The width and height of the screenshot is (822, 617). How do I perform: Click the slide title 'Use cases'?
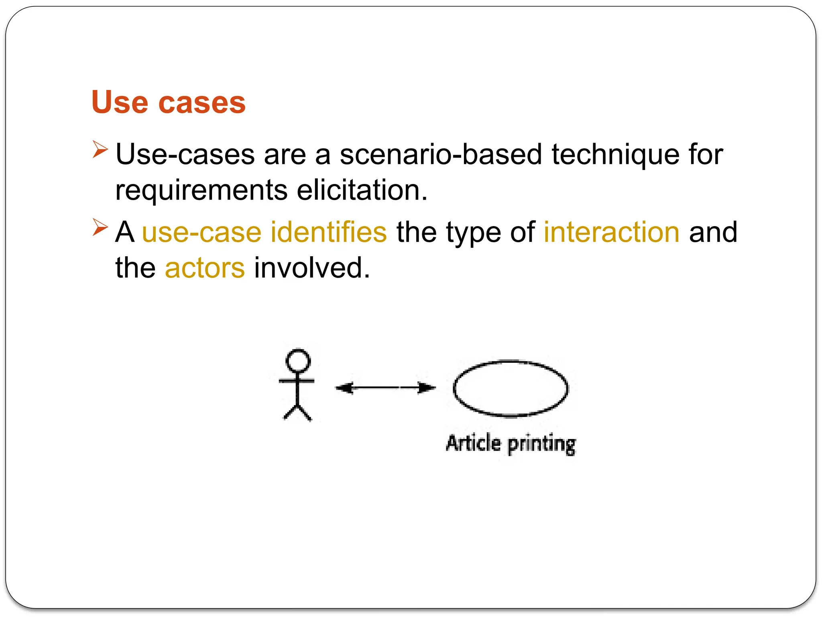[x=168, y=102]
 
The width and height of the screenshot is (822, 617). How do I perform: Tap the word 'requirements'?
[x=201, y=191]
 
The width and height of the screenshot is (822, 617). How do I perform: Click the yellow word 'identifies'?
[x=328, y=232]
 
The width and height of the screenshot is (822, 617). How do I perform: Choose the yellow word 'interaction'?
[x=611, y=232]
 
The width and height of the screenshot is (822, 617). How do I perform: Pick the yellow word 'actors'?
[x=205, y=268]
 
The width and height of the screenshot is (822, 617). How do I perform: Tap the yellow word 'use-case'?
[x=201, y=233]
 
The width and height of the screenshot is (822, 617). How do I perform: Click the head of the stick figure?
[x=298, y=360]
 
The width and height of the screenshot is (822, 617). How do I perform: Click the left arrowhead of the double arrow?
[x=344, y=388]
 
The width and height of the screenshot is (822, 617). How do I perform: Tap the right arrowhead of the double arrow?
[x=427, y=388]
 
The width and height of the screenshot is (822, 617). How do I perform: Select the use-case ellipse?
[x=511, y=389]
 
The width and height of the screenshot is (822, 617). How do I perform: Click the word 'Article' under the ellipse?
[x=474, y=443]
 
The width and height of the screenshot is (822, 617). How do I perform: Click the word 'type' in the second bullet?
[x=473, y=233]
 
